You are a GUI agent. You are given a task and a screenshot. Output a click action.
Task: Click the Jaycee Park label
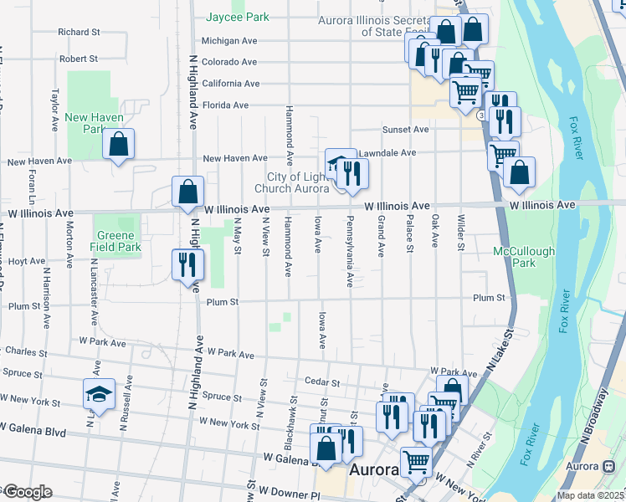(238, 17)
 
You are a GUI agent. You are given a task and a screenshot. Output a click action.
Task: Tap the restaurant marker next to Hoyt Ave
(187, 265)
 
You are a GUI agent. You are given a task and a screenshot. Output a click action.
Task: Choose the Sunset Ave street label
(405, 130)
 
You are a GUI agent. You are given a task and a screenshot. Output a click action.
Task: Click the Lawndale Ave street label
(387, 153)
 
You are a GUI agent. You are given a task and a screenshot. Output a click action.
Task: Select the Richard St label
(79, 32)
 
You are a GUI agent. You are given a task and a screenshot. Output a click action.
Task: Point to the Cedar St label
(322, 382)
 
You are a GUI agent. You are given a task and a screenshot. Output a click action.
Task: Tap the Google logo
(27, 492)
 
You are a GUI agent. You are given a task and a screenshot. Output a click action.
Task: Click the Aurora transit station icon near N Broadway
(608, 466)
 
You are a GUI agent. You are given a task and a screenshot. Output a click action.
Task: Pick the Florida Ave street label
(225, 105)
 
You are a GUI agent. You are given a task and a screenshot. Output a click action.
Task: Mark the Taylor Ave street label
(55, 109)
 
